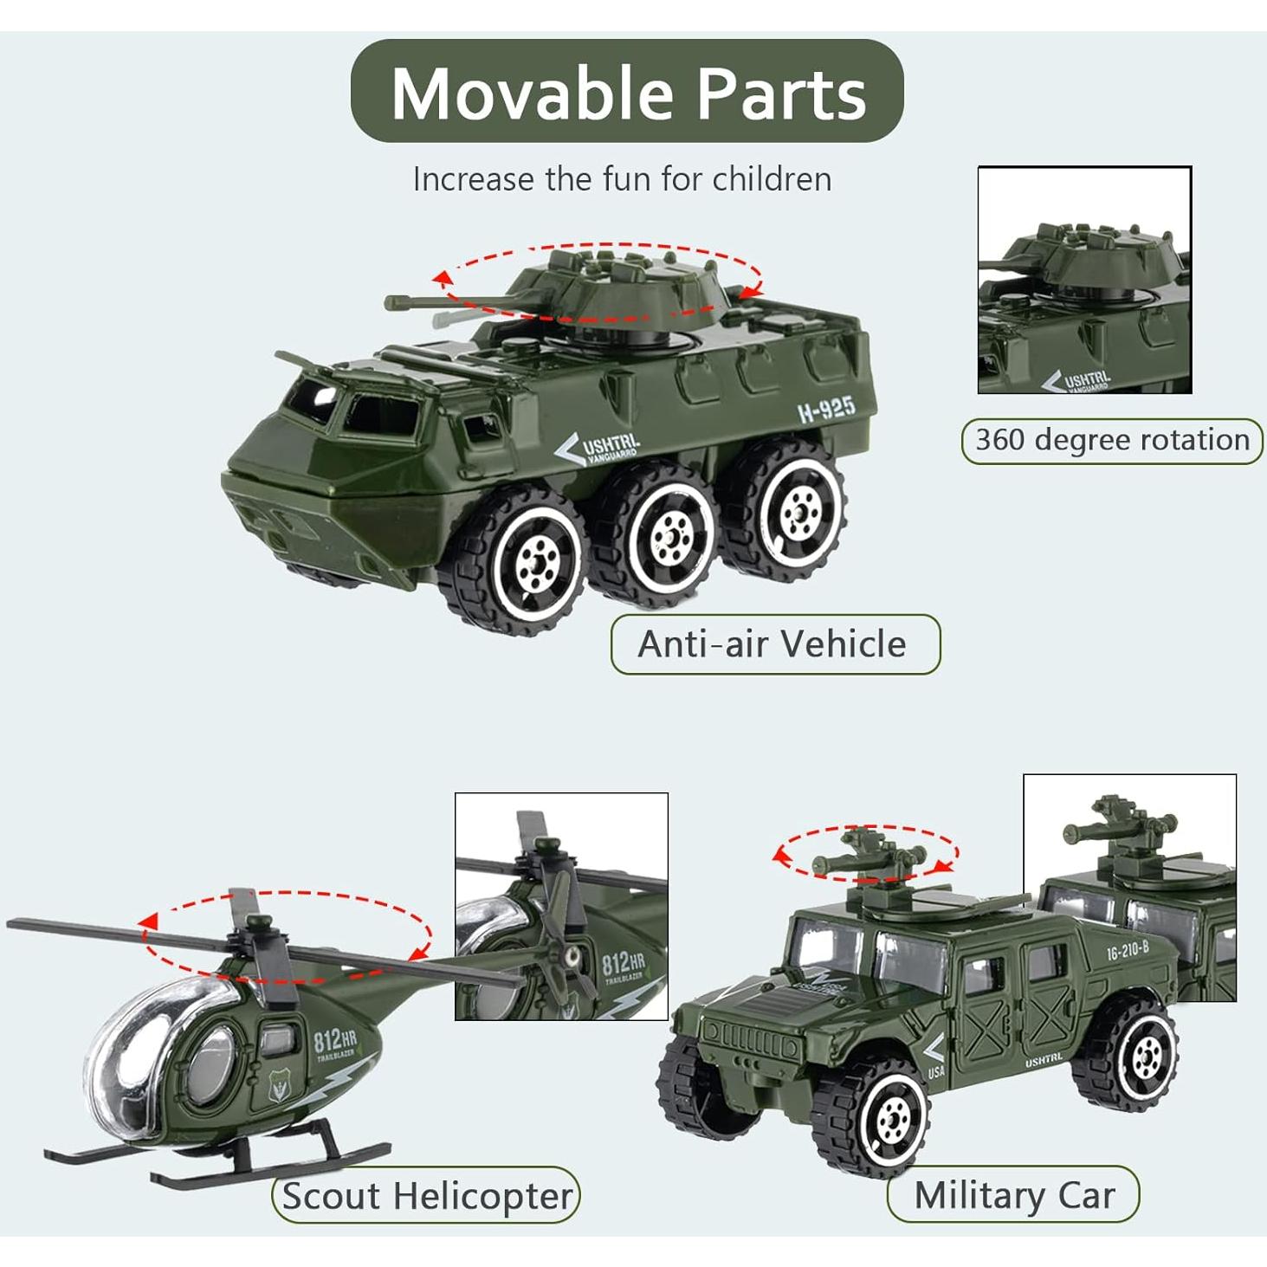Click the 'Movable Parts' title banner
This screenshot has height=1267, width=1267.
(627, 92)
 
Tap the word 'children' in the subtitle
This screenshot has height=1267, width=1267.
(772, 179)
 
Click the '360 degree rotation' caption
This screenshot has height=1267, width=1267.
(1112, 440)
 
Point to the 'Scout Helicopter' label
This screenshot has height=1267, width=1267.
(426, 1196)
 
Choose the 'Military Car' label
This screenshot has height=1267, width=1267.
(1013, 1195)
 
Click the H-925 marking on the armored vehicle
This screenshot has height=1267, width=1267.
(826, 409)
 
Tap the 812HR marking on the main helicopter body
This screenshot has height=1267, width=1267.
(334, 1039)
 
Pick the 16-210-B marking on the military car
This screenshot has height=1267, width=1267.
(1127, 950)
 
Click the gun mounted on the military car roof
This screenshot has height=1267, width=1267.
(866, 857)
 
